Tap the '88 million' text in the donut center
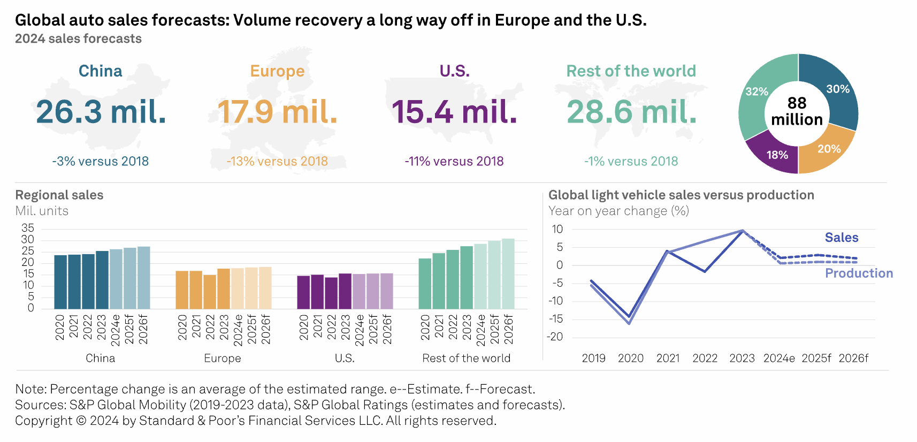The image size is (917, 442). [797, 111]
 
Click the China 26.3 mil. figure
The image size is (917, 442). [101, 112]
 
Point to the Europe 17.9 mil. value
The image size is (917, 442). [277, 112]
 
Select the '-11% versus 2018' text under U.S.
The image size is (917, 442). [454, 161]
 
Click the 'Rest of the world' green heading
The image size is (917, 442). [631, 71]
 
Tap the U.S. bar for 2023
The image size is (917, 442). [345, 291]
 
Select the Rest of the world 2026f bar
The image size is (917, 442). [508, 274]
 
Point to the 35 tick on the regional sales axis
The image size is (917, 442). [27, 228]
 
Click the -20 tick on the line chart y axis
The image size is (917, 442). [556, 337]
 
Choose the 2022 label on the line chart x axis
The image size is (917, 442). [705, 358]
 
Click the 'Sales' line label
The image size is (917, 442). [841, 238]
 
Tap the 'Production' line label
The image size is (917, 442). [859, 273]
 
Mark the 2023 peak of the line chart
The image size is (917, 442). [743, 231]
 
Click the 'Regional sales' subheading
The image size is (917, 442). [59, 195]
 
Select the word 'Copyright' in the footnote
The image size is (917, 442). [43, 421]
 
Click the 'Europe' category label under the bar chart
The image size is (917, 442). [223, 358]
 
